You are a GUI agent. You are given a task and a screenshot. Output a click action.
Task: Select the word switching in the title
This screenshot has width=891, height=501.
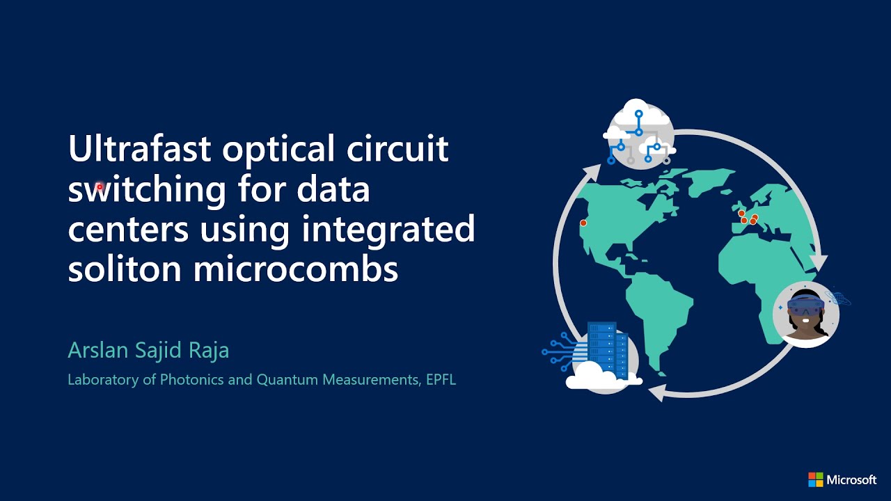[x=147, y=189]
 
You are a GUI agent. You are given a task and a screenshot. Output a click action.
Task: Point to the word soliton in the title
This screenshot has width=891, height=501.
[x=125, y=269]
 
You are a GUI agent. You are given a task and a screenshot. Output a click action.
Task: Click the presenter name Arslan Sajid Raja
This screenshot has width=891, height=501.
[x=148, y=351]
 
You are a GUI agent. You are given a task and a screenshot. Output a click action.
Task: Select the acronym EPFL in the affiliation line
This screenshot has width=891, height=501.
[x=439, y=380]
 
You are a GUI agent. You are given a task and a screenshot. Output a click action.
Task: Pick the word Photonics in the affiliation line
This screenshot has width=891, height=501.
[x=191, y=380]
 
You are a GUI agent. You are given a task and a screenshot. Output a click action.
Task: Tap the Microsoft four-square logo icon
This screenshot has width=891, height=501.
[x=815, y=479]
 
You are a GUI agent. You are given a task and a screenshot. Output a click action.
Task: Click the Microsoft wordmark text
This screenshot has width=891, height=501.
[x=851, y=479]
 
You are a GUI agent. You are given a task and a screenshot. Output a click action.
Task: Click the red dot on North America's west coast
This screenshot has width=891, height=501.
[x=583, y=223]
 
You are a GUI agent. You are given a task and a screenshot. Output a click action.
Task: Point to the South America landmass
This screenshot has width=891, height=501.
[x=658, y=313]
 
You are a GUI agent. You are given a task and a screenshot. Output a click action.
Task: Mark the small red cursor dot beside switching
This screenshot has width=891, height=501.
[x=100, y=186]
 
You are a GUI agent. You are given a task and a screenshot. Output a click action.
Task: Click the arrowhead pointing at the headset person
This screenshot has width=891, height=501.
[x=819, y=262]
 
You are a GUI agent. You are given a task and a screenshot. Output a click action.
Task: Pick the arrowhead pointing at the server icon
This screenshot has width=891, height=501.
[x=656, y=395]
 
